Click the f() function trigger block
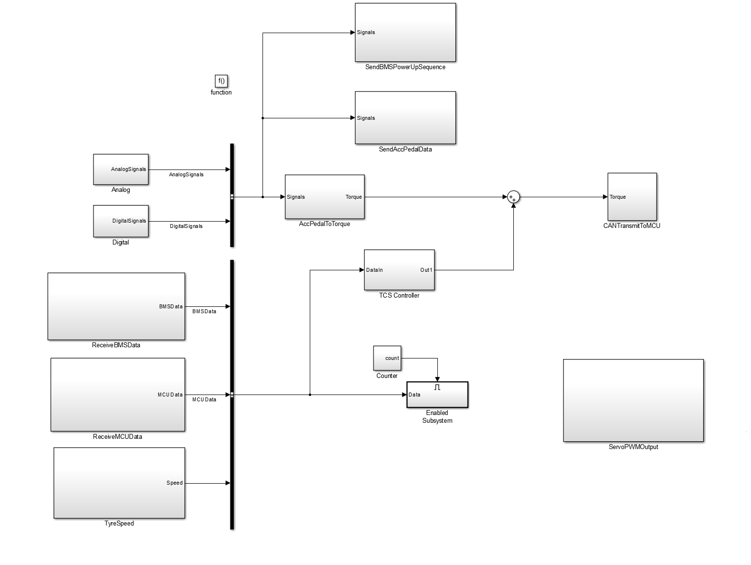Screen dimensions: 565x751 pyautogui.click(x=221, y=81)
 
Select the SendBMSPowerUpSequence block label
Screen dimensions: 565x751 pyautogui.click(x=405, y=67)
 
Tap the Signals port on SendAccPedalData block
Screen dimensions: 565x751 pyautogui.click(x=366, y=118)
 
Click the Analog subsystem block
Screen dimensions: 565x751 pyautogui.click(x=121, y=169)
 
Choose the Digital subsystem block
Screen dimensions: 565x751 pyautogui.click(x=121, y=221)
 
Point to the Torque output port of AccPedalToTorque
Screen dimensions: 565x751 pyautogui.click(x=354, y=197)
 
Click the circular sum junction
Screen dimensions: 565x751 pyautogui.click(x=513, y=197)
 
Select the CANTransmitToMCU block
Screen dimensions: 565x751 pyautogui.click(x=632, y=196)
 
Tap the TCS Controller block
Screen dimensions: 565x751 pyautogui.click(x=399, y=270)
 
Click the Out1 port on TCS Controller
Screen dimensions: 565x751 pyautogui.click(x=426, y=270)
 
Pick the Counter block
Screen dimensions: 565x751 pyautogui.click(x=387, y=358)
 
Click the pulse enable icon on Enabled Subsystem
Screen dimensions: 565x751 pyautogui.click(x=437, y=387)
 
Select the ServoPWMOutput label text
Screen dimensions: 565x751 pyautogui.click(x=633, y=447)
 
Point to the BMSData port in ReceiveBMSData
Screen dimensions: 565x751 pyautogui.click(x=171, y=306)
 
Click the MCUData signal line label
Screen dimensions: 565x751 pyautogui.click(x=204, y=399)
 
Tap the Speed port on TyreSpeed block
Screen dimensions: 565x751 pyautogui.click(x=174, y=483)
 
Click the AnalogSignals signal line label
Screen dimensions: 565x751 pyautogui.click(x=186, y=174)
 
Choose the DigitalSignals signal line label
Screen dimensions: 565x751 pyautogui.click(x=186, y=226)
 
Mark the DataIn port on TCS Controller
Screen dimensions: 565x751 pyautogui.click(x=374, y=270)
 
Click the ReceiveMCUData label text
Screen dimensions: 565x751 pyautogui.click(x=117, y=436)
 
